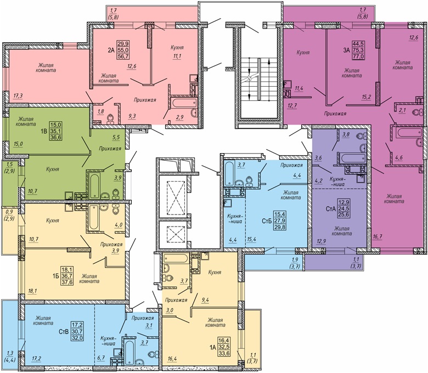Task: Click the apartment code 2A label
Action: point(111,50)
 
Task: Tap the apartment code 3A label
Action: point(346,50)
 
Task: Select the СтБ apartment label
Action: point(267,221)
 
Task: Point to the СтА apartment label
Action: point(331,209)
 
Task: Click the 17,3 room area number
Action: point(18,95)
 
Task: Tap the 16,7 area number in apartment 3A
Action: point(377,236)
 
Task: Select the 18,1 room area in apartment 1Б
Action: point(32,291)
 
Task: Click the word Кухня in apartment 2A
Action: point(177,48)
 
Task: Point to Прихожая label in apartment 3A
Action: point(335,114)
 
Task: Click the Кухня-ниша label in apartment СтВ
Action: point(108,340)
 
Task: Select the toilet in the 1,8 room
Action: point(110,118)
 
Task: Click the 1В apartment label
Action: point(43,130)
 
